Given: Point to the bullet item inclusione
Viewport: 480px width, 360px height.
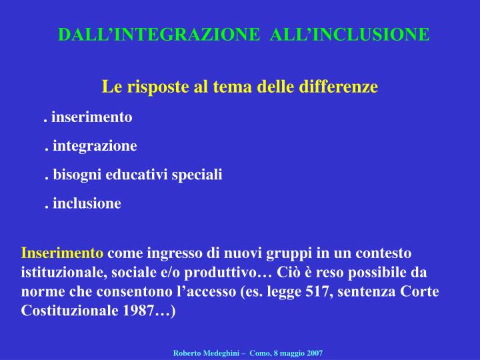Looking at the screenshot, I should click(x=86, y=203).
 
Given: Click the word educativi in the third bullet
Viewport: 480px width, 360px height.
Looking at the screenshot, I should click(x=143, y=175).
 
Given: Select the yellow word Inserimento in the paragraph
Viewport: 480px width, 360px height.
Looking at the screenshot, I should click(x=63, y=253).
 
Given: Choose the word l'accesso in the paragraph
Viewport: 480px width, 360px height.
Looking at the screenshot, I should click(x=222, y=292).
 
